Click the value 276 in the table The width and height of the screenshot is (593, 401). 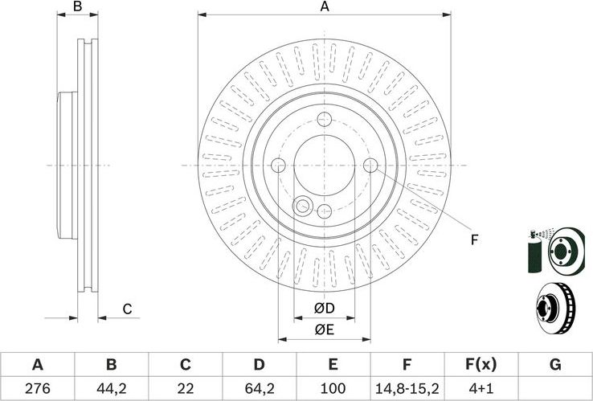coord(37,387)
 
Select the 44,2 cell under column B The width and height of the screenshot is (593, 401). coord(112,387)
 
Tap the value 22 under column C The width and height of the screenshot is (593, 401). coord(186,387)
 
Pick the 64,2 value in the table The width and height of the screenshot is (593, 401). coord(259,387)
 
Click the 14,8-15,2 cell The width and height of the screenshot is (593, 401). coord(407,387)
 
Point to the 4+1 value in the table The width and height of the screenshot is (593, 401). coord(481,387)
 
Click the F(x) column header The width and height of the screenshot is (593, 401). coord(481,364)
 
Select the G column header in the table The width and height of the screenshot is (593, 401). coord(554,364)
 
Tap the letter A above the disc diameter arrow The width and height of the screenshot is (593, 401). coord(325,7)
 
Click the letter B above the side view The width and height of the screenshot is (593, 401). coord(78,7)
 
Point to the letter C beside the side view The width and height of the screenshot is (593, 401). coord(127,309)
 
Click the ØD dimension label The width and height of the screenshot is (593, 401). coord(324,309)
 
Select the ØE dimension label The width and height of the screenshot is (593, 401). coord(324,328)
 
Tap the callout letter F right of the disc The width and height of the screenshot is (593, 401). coord(474,239)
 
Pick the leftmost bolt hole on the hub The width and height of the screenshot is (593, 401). coord(279,166)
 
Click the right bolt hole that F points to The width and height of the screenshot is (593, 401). coord(370,166)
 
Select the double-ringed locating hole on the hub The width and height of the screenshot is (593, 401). coord(303,207)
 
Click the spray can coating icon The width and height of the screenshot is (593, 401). coord(533,252)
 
